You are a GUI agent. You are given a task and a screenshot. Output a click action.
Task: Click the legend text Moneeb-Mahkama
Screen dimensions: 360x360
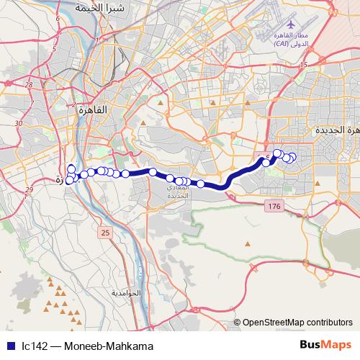(109, 346)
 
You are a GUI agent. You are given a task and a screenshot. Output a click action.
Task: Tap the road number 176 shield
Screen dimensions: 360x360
(274, 207)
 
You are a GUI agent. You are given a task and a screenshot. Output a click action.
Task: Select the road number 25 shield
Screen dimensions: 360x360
(106, 233)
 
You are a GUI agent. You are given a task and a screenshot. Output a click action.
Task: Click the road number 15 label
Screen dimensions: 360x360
(304, 66)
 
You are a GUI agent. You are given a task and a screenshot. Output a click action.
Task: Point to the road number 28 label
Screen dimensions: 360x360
(29, 85)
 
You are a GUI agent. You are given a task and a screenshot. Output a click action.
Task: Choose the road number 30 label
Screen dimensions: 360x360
(19, 123)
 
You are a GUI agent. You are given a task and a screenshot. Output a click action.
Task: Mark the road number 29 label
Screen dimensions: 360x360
(30, 189)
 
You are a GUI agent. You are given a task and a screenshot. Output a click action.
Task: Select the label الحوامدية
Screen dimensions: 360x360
(145, 294)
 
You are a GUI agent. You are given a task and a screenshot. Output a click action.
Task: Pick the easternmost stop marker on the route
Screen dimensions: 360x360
(292, 158)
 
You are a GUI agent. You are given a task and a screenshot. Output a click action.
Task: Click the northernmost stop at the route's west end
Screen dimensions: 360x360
(71, 169)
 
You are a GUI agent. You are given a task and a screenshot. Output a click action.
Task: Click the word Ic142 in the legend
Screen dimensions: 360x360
(34, 346)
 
